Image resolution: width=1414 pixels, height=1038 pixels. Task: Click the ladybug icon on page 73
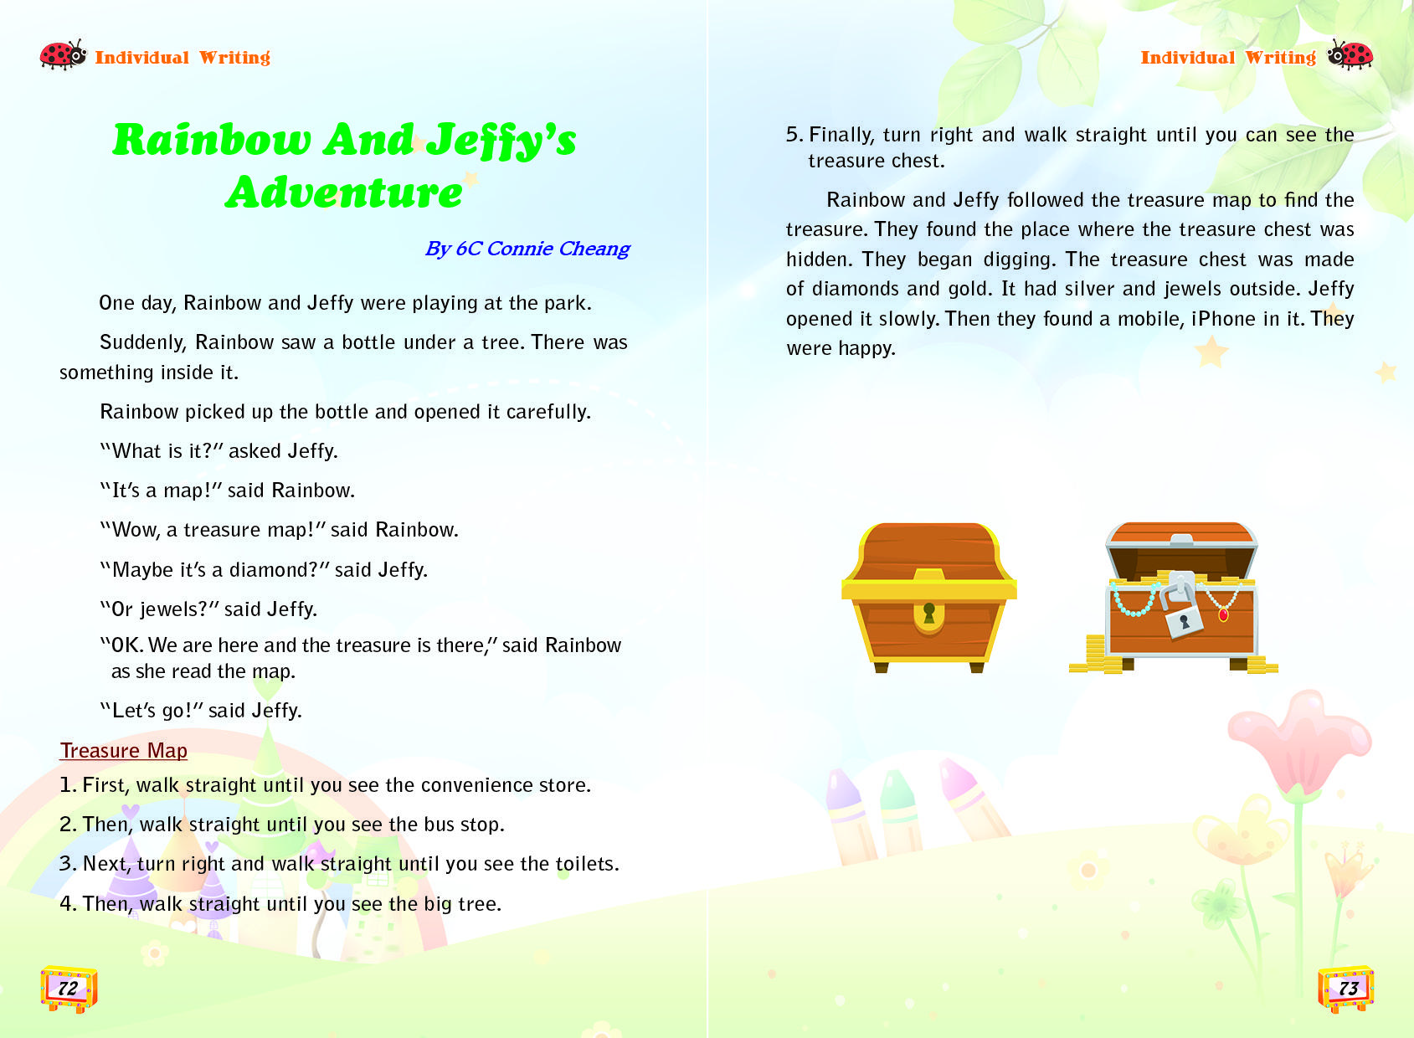coord(1350,55)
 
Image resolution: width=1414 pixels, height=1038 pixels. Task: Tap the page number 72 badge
coord(69,989)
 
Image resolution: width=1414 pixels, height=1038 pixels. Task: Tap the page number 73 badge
coord(1346,989)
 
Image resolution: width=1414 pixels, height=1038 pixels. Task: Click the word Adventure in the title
coord(344,193)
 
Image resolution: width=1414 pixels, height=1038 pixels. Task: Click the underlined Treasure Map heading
coord(123,750)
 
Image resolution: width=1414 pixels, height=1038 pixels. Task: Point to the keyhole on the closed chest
coord(928,614)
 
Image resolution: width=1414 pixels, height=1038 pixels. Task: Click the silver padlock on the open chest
coord(1182,616)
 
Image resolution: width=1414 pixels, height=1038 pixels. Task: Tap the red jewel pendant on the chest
coord(1223,615)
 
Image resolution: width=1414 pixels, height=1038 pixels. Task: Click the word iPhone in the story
coord(1223,319)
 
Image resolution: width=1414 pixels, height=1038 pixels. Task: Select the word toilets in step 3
coord(585,864)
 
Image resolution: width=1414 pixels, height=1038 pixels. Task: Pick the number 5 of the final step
coord(792,135)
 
